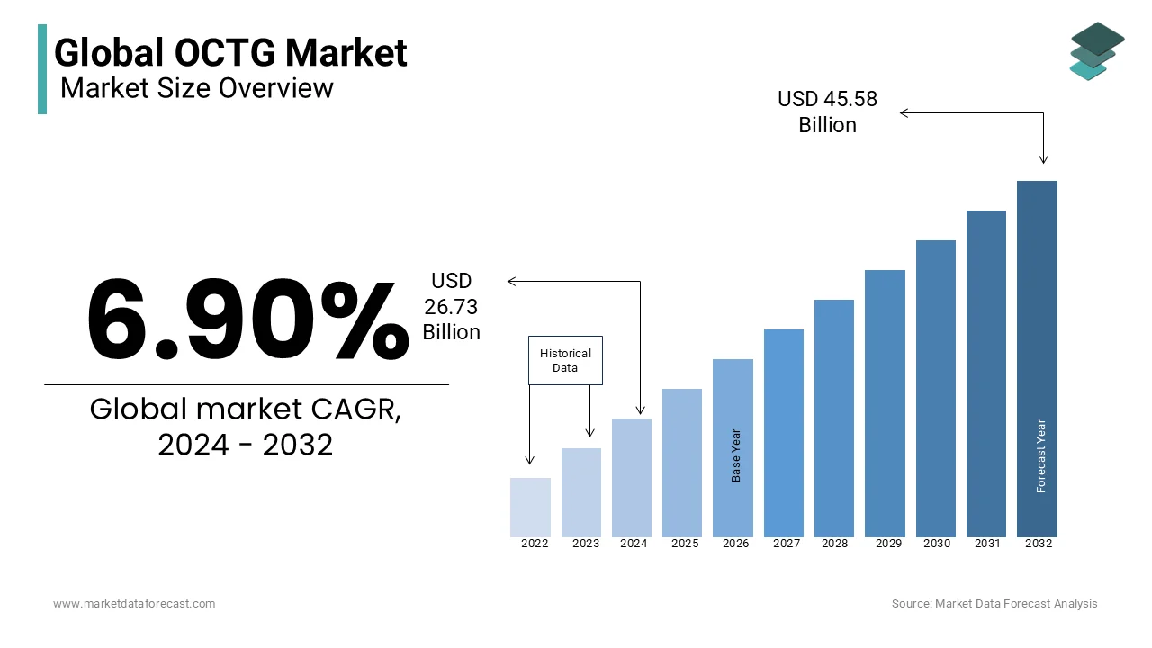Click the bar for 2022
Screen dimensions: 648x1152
coord(530,508)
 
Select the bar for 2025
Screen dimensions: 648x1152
coord(682,463)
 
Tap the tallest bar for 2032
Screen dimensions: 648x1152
coord(1037,359)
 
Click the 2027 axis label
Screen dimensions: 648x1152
coord(787,544)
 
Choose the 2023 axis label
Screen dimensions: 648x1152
coord(585,544)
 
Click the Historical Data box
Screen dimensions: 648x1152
coord(565,361)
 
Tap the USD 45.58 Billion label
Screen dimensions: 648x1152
coord(827,112)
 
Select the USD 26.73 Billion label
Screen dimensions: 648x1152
coord(452,307)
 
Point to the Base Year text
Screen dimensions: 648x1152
coord(736,455)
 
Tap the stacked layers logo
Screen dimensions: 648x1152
coord(1096,51)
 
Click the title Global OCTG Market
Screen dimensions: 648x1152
coord(230,52)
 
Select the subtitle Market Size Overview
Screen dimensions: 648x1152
coord(197,88)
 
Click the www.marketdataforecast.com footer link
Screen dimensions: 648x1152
coord(134,604)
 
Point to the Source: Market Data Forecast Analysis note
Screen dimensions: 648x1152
coord(994,604)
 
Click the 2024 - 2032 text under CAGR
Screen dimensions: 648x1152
coord(246,445)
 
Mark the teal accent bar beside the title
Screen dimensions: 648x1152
coord(42,69)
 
